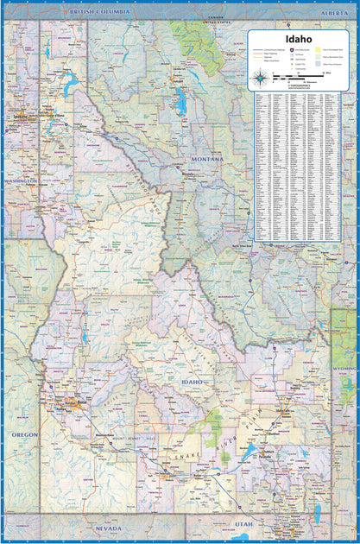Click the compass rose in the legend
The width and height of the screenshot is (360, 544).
click(260, 80)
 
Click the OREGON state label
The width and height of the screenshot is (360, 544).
click(23, 434)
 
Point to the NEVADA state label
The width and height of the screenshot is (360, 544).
click(108, 527)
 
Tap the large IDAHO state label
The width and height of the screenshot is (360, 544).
click(191, 381)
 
